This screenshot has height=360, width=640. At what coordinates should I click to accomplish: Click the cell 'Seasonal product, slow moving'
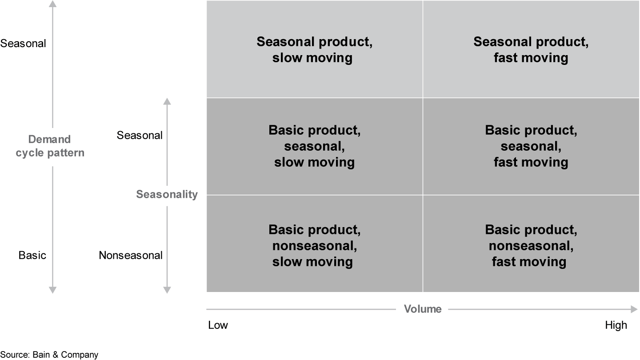314,49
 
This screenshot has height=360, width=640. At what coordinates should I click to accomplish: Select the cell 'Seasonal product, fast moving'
531,49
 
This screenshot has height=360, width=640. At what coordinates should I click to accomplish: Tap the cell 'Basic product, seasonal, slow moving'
314,146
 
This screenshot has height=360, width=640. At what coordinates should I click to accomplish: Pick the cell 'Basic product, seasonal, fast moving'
531,146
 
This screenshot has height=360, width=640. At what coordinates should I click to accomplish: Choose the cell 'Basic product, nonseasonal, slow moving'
314,246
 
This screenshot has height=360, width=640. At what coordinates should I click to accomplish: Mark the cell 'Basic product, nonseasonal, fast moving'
531,246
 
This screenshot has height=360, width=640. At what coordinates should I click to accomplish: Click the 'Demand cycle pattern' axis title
50,146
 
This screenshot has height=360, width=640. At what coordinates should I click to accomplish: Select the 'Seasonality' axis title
167,194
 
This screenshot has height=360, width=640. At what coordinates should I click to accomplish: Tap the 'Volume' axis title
422,309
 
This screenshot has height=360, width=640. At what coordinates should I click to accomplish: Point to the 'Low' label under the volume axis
218,325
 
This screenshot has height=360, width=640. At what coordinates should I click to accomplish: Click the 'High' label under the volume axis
616,325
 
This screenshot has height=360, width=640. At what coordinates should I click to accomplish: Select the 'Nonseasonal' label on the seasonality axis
131,255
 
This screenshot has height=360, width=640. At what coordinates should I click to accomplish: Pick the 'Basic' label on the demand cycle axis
32,255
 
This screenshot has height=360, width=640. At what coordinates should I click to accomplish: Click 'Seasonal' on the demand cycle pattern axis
23,44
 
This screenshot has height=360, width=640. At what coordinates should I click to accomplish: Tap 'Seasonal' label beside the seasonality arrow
140,135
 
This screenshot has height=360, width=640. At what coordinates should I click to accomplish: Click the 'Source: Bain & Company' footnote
49,354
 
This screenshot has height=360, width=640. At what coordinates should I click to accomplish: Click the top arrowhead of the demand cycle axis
52,4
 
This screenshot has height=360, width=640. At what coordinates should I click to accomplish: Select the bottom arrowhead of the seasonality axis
167,290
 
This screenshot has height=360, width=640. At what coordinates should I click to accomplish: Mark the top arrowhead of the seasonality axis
167,101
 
